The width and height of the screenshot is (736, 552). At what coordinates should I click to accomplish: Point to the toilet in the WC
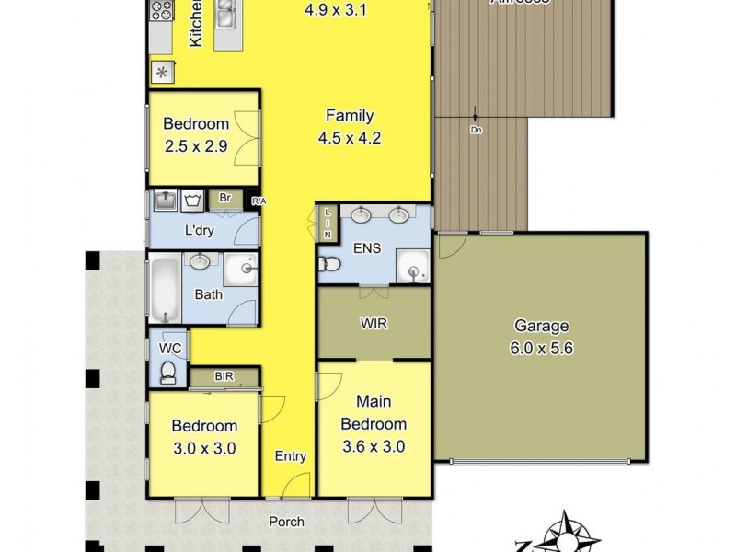point(168,370)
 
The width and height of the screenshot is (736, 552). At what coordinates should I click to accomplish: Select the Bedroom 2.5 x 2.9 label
point(195,135)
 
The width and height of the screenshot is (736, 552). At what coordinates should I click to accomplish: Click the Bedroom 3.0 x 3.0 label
point(205,438)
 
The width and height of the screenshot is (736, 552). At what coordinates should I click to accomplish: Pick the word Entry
point(291,455)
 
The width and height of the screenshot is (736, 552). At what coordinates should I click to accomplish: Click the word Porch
point(286,522)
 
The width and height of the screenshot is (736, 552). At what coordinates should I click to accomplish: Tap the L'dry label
point(199,231)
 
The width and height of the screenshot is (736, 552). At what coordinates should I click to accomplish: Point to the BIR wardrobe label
point(223,376)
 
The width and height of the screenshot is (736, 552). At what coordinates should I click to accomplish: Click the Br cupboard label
point(224,198)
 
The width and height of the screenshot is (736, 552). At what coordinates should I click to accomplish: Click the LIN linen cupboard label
point(328,224)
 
